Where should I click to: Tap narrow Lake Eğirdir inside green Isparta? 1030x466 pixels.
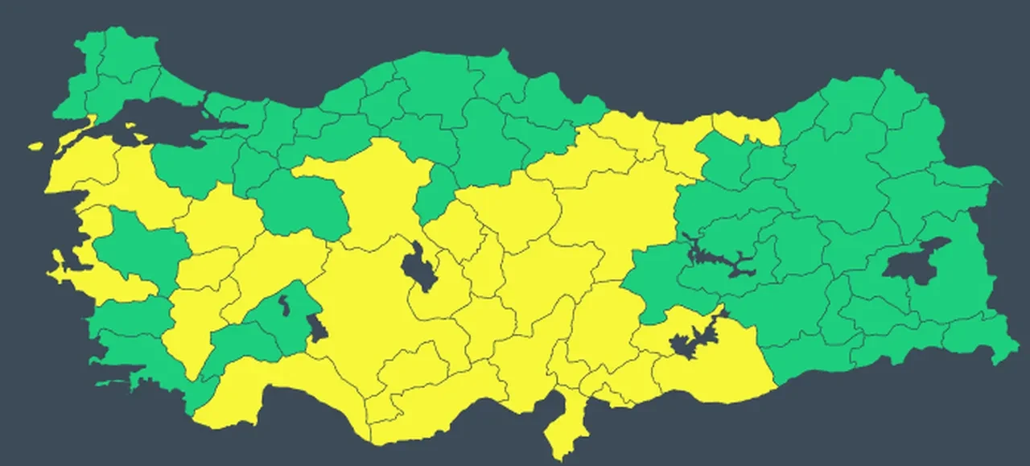(x=284, y=304)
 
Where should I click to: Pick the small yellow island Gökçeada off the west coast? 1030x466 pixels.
(x=35, y=146)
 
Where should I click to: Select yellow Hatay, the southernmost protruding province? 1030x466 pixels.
(x=563, y=427)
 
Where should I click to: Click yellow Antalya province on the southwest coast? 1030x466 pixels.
(x=266, y=386)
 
